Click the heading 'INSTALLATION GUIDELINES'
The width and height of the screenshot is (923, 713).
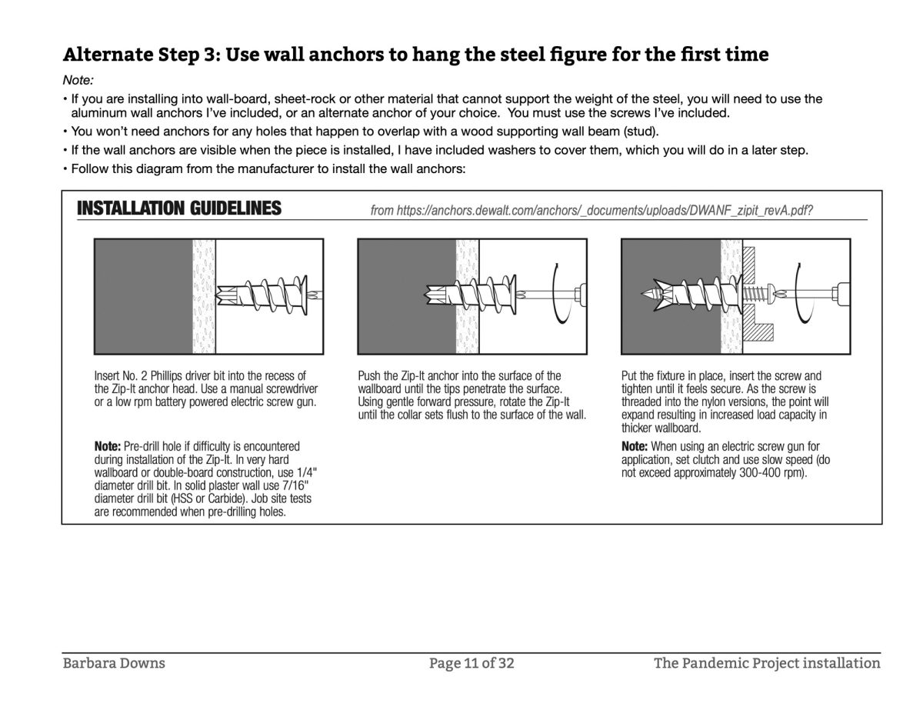(179, 208)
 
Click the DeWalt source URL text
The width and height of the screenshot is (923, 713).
(591, 210)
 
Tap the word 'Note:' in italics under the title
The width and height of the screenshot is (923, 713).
(78, 80)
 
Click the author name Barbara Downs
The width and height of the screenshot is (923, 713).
(114, 662)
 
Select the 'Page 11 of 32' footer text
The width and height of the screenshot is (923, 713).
(471, 662)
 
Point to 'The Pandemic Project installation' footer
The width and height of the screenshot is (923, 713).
(767, 662)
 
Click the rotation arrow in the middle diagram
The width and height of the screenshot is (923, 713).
(559, 294)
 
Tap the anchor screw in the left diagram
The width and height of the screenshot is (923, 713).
(265, 293)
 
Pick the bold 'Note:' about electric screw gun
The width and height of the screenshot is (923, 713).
(635, 446)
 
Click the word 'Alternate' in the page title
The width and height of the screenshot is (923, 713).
(106, 55)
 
